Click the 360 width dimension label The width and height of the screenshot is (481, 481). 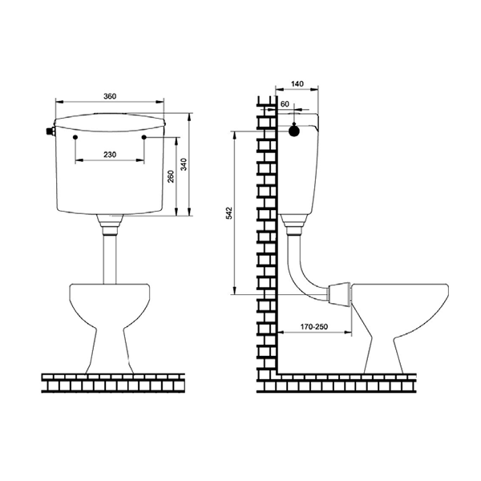110,96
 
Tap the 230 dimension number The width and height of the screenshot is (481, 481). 110,154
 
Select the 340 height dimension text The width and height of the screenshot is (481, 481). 184,164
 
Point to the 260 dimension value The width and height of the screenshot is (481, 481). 171,176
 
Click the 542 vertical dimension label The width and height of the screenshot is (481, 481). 229,213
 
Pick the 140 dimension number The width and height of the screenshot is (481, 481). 297,83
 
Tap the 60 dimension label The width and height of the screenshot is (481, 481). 285,104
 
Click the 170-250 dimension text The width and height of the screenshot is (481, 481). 313,327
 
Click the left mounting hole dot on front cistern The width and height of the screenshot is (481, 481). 76,137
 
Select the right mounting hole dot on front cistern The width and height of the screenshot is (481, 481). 144,137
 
